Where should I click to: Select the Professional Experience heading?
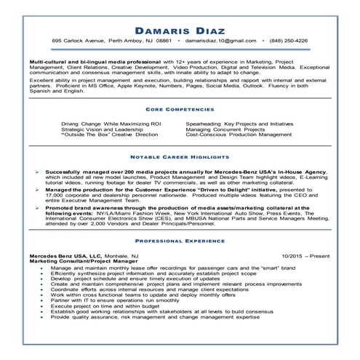point(180,239)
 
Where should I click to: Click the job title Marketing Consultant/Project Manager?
point(76,263)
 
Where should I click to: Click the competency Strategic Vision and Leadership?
point(98,129)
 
